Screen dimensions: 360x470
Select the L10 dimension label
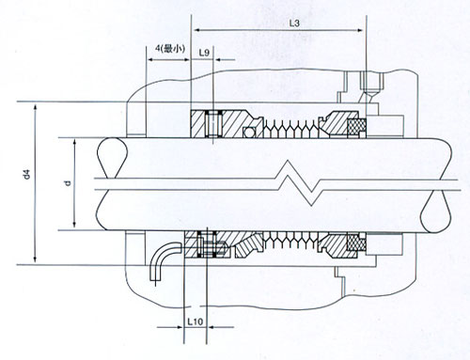196,321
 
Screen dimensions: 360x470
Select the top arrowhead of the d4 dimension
36,106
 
